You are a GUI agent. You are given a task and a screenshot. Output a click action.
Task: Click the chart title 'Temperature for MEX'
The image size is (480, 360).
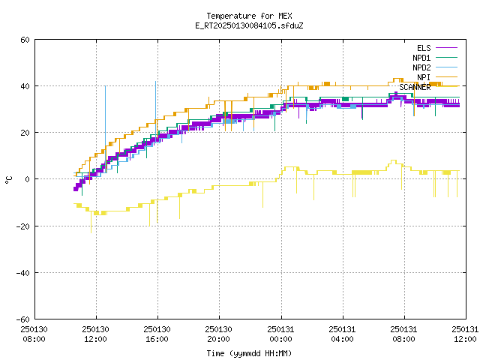tap(249, 16)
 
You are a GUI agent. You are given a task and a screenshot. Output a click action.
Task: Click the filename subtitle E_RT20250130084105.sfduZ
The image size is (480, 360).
tap(249, 25)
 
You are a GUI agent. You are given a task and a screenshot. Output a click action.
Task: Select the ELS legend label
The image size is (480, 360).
tap(424, 48)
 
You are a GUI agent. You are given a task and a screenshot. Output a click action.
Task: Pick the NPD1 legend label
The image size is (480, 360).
tap(421, 58)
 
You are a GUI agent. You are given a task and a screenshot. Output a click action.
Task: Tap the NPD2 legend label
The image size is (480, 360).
tap(421, 67)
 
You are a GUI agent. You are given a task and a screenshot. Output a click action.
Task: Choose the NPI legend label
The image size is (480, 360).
tap(424, 77)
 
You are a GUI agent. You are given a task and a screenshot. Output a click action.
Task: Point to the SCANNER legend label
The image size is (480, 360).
tap(415, 87)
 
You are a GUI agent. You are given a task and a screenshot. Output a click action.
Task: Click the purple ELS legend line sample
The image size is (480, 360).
tap(446, 48)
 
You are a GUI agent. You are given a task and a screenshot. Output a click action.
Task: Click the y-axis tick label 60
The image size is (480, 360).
tap(25, 40)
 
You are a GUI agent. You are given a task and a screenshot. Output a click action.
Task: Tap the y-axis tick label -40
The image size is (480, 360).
tap(23, 273)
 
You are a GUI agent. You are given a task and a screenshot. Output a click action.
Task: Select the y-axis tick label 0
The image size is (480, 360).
tap(28, 179)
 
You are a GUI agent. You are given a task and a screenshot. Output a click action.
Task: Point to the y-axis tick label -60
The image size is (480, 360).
tap(23, 319)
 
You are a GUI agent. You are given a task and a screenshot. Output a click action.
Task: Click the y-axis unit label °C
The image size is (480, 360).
tap(8, 180)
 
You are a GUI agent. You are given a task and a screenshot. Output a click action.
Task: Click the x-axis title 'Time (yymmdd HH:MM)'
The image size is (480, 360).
tap(249, 353)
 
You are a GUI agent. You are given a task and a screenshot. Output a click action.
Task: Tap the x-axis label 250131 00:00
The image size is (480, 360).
tap(280, 334)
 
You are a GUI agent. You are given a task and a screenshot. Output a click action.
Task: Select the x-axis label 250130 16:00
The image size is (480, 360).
tap(157, 334)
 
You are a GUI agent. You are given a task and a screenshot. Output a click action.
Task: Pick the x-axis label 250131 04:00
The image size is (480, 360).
tap(342, 334)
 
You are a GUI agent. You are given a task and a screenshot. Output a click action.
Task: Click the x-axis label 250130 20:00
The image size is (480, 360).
tap(218, 334)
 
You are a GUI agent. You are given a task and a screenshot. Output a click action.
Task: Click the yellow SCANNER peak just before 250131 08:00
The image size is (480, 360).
tap(394, 160)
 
